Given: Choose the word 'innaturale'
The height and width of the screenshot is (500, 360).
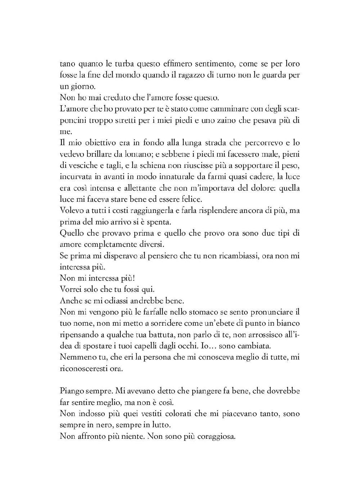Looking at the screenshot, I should pos(170,177).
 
